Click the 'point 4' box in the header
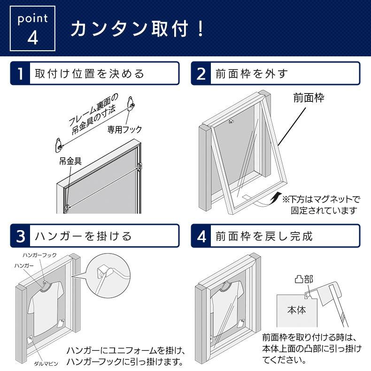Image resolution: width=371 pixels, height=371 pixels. click(32, 28)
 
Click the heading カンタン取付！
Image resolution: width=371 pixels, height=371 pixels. click(137, 29)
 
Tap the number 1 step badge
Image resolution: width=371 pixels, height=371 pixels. click(20, 73)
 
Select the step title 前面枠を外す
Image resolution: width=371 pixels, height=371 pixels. click(252, 74)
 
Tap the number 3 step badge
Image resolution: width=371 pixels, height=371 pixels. click(20, 236)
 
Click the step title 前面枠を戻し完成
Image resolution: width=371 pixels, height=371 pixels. click(264, 236)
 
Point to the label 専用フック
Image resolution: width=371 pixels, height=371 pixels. click(124, 130)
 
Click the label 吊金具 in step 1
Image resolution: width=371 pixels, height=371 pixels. click(70, 161)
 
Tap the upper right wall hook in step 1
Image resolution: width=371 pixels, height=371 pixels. click(131, 104)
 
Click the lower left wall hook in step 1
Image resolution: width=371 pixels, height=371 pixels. click(59, 145)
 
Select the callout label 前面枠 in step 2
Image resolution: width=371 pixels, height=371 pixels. click(309, 98)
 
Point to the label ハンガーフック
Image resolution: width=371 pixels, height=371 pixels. click(40, 255)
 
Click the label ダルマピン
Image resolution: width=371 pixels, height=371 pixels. click(46, 363)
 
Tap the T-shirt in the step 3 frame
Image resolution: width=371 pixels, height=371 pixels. click(46, 308)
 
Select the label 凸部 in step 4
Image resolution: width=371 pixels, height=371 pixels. click(304, 279)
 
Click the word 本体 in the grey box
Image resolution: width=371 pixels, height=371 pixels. click(297, 310)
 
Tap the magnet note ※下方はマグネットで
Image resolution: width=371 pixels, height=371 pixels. click(321, 200)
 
